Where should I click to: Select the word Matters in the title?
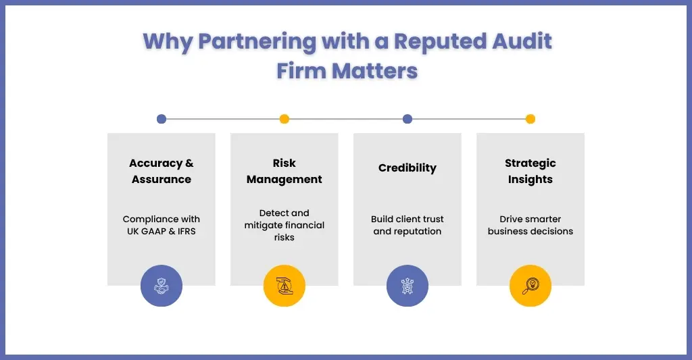pyautogui.click(x=383, y=70)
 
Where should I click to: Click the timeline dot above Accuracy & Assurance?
pyautogui.click(x=162, y=119)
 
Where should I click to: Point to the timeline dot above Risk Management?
pyautogui.click(x=285, y=119)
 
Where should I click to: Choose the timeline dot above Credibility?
pyautogui.click(x=407, y=119)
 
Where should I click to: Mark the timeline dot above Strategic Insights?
pyautogui.click(x=530, y=119)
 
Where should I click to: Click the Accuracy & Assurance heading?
pyautogui.click(x=162, y=172)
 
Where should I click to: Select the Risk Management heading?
pyautogui.click(x=285, y=172)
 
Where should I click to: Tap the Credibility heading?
pyautogui.click(x=407, y=168)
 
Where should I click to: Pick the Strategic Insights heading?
pyautogui.click(x=530, y=172)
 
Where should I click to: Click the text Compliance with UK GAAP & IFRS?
pyautogui.click(x=162, y=225)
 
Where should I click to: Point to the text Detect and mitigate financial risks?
pyautogui.click(x=285, y=225)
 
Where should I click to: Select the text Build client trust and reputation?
pyautogui.click(x=407, y=225)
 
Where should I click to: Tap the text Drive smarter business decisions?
pyautogui.click(x=530, y=225)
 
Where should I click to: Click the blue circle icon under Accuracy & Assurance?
pyautogui.click(x=162, y=286)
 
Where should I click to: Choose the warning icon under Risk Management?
pyautogui.click(x=285, y=286)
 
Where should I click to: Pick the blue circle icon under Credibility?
pyautogui.click(x=407, y=286)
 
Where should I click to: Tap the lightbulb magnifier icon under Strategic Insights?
pyautogui.click(x=530, y=286)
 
